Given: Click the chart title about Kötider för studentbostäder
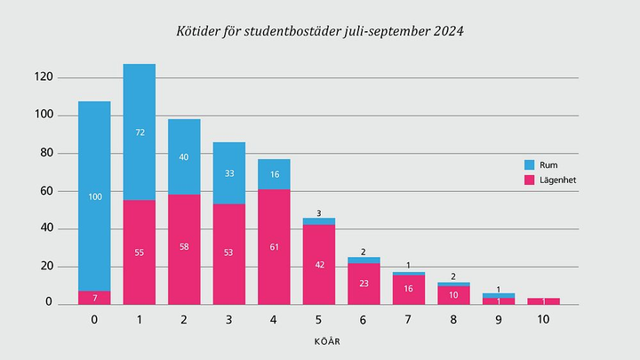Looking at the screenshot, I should coord(319,31).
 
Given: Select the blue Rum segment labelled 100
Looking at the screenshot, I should coord(94,196).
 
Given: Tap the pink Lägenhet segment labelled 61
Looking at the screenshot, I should coord(274,246).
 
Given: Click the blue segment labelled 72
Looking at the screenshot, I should coord(140,132).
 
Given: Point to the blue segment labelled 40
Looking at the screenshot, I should coord(184,156).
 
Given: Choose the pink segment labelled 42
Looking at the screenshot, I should coord(319,264).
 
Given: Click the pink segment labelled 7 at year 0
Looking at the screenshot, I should coord(94,297).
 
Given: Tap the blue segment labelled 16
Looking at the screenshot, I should coord(274,173).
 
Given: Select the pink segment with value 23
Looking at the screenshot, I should coord(364,284).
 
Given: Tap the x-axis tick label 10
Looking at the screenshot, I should coord(543,318).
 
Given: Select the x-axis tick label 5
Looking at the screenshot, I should coord(319,318).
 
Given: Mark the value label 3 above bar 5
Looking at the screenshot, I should coord(319,212).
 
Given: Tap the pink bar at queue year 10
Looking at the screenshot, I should coord(543,301).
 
